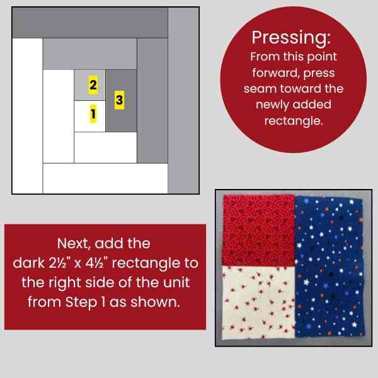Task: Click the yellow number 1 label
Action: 93,113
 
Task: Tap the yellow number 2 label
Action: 93,84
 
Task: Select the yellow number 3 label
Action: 119,100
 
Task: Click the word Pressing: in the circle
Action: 291,38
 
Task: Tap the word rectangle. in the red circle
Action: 294,120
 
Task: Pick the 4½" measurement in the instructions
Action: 96,263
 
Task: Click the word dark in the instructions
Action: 29,263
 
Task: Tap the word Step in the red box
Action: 81,302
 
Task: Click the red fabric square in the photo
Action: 258,230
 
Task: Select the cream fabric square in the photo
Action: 258,302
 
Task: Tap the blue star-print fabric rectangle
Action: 329,266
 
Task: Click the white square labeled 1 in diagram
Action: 89,116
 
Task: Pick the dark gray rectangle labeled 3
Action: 121,101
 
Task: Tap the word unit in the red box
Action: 176,282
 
